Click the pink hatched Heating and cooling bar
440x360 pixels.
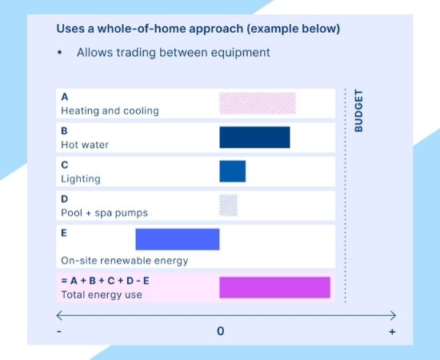pos(258,103)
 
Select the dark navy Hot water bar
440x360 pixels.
pos(254,138)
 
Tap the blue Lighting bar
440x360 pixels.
pos(233,171)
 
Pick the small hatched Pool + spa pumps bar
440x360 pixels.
pos(229,206)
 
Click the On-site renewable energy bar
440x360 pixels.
pos(177,239)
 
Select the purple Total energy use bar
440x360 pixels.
pos(274,287)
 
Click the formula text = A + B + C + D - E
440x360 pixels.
pos(105,281)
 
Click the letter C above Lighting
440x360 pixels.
pos(65,165)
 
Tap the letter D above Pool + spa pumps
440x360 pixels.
pos(65,199)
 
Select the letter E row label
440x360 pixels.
pos(65,234)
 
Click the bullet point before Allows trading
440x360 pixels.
pos(59,53)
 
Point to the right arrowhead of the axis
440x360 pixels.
pos(393,315)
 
